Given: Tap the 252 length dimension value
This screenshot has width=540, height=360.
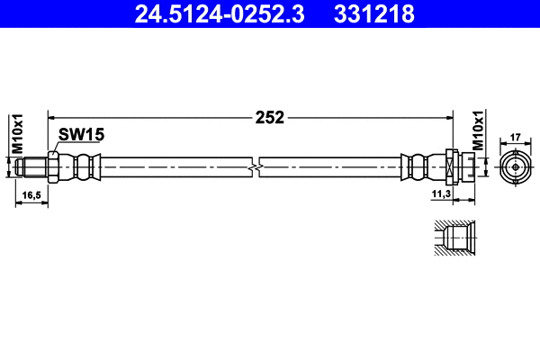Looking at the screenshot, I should click(x=269, y=117).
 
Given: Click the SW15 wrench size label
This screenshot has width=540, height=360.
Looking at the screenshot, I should click(x=82, y=135).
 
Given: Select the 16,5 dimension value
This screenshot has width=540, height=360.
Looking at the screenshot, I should click(x=31, y=194).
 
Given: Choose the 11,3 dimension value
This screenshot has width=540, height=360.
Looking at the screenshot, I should click(x=440, y=194).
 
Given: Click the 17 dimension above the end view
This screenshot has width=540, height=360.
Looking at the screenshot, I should click(x=516, y=138).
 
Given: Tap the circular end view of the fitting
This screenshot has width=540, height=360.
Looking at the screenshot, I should click(x=516, y=166).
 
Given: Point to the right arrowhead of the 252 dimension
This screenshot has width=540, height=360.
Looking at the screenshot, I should click(x=447, y=117).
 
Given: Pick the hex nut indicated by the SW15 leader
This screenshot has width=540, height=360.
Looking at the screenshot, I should click(x=53, y=167).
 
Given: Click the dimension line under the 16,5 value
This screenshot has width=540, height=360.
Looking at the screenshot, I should click(x=32, y=203).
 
